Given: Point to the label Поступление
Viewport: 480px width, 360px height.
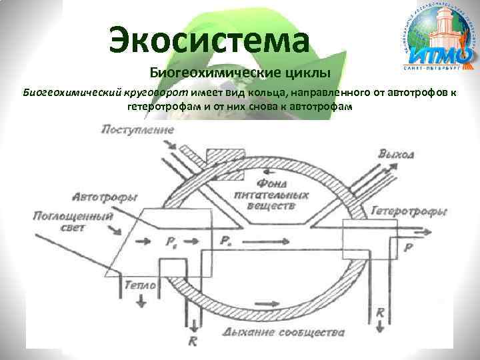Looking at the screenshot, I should (x=137, y=129).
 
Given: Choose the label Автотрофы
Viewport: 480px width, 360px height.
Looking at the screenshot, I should (x=105, y=197).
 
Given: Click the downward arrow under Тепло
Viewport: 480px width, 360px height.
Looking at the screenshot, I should (x=141, y=301).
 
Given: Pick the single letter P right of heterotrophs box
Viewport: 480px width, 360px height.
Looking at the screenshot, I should (x=408, y=245).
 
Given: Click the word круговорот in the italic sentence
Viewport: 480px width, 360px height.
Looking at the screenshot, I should (x=157, y=92).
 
